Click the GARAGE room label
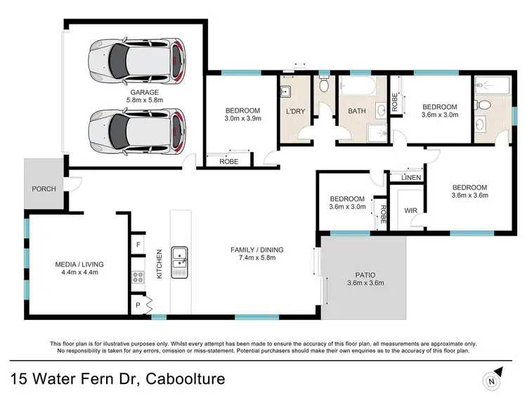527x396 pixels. [x=145, y=92]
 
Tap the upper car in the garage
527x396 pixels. [x=137, y=62]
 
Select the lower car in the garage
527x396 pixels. [x=137, y=132]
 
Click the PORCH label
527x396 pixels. [x=44, y=189]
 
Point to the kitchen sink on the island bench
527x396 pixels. [x=179, y=262]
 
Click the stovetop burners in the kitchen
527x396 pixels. [x=138, y=277]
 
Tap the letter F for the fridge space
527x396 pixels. [x=138, y=245]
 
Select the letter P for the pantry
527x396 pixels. [x=138, y=305]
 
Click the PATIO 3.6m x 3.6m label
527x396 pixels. [x=365, y=279]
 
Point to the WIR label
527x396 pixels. [x=411, y=210]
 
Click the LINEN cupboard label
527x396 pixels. [x=411, y=177]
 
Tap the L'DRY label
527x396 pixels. [x=295, y=111]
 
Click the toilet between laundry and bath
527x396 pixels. [x=324, y=84]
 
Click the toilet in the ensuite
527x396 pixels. [x=483, y=106]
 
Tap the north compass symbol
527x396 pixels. [x=493, y=379]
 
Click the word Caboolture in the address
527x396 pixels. [x=186, y=378]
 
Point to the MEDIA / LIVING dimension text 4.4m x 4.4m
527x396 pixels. [x=79, y=272]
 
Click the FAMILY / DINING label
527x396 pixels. [x=256, y=250]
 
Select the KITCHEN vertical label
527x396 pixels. [x=160, y=264]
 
